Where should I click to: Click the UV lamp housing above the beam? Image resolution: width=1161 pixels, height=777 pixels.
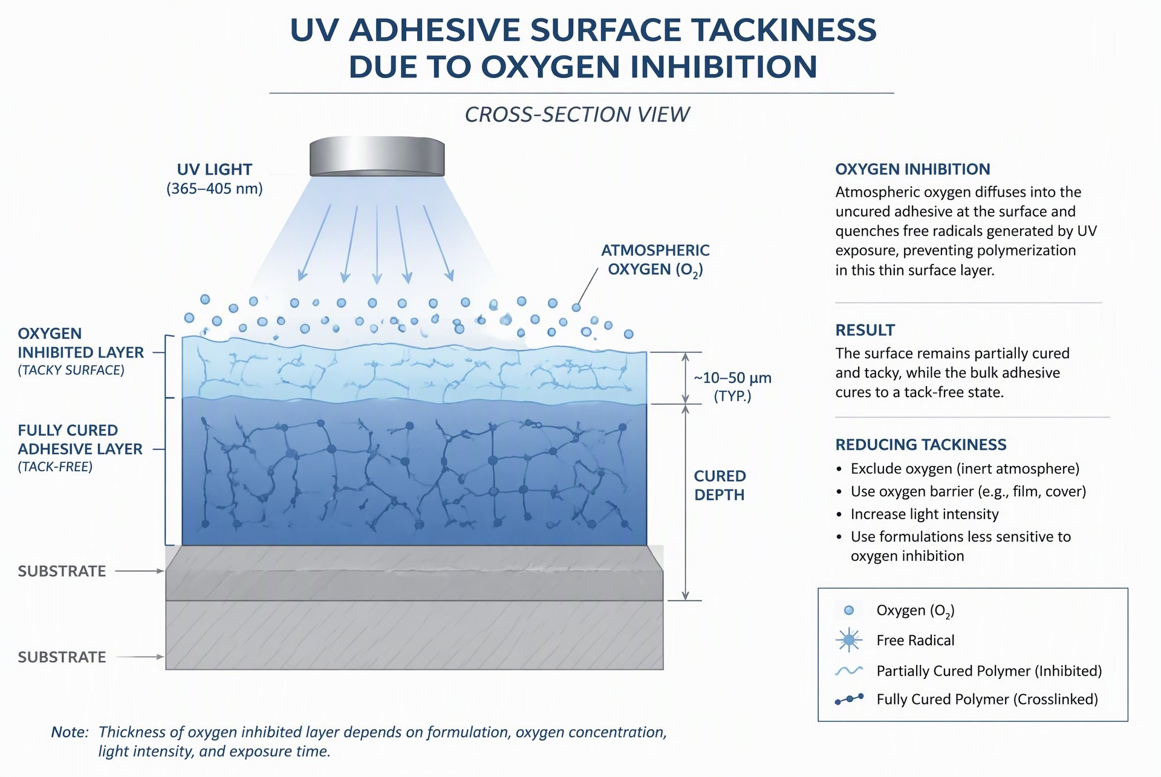coord(377,157)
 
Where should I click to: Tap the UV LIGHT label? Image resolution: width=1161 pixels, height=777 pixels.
coord(215,169)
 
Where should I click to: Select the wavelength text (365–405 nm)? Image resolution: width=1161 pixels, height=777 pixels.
coord(215,189)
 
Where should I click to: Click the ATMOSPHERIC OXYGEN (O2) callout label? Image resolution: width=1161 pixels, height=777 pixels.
coord(655,260)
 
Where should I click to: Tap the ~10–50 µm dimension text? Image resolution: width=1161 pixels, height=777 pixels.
coord(732,378)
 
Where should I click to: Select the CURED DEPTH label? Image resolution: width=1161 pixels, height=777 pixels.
coord(720,485)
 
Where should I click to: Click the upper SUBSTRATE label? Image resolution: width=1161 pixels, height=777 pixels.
coord(62,571)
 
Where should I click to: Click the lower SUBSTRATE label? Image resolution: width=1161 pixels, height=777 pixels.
coord(62,657)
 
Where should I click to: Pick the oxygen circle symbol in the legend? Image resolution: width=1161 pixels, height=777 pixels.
coord(849,611)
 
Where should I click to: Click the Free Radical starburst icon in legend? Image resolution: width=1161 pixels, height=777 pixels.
coord(849,640)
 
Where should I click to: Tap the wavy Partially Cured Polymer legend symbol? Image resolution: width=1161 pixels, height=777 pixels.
coord(849,670)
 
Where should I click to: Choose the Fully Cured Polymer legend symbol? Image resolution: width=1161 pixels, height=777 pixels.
coord(849,700)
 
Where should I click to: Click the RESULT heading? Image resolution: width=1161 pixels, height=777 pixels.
coord(865,330)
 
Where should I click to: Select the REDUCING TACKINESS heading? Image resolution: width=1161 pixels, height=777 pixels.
coord(921,445)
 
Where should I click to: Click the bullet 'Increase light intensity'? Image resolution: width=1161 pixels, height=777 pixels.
coord(925,514)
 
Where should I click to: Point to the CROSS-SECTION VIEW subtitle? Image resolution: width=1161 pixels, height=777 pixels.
coord(577,114)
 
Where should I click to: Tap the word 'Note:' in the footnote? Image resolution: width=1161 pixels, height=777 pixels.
coord(70,732)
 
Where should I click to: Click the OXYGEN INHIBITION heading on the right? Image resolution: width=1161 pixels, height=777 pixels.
coord(912,169)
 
